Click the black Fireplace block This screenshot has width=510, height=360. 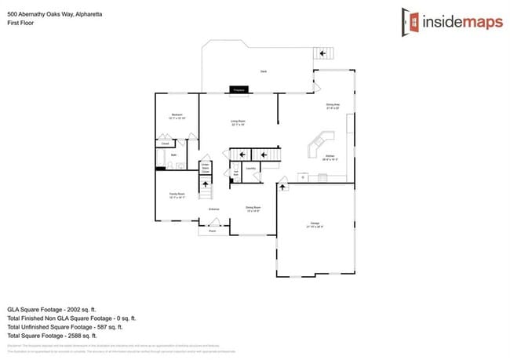point(239,90)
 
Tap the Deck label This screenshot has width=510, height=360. point(264,71)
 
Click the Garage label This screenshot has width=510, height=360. point(315,225)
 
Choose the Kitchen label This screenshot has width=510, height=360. point(330,155)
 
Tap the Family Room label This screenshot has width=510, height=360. point(177,194)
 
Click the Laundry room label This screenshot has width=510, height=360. point(251,168)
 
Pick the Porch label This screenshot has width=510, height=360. point(212,231)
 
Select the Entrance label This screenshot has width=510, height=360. point(213,209)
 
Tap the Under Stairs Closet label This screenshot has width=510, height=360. point(205,168)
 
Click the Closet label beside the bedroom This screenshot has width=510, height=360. point(165,144)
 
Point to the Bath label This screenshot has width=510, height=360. point(173,155)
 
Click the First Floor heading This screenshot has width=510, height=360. point(20,23)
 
